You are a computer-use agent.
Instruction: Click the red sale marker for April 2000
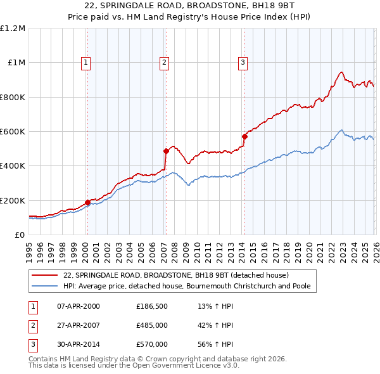tap(87, 202)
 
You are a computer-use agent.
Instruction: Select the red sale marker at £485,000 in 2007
tap(166, 151)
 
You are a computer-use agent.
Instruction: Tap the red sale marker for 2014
tap(244, 136)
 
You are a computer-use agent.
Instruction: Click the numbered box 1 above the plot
tap(85, 62)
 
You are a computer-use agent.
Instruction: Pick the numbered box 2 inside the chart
tap(164, 62)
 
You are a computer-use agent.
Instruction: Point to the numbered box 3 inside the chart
tap(243, 62)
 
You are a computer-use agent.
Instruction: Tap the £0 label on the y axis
tap(20, 235)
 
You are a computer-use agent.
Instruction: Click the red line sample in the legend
tap(45, 275)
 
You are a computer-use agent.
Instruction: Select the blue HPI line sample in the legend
tap(45, 286)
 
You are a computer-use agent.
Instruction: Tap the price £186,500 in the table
tap(152, 306)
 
